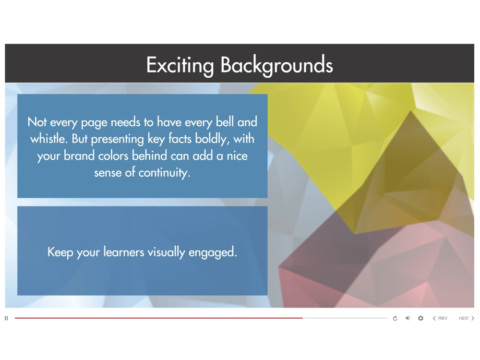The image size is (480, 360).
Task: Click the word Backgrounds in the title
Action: point(276,65)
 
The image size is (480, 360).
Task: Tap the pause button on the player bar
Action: point(6,318)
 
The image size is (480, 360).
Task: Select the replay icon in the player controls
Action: point(395,318)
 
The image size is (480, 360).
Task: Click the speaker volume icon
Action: point(408,318)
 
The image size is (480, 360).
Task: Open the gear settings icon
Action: point(421,318)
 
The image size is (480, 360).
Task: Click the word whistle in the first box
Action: point(47,139)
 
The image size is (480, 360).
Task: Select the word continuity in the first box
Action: point(164,173)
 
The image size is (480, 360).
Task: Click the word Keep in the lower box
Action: point(58,252)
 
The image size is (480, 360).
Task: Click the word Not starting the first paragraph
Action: point(36,122)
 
